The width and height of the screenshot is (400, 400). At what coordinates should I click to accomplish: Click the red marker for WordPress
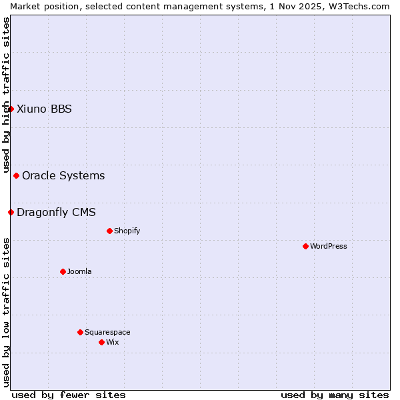(x=305, y=246)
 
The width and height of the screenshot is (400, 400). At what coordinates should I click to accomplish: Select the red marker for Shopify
(x=109, y=231)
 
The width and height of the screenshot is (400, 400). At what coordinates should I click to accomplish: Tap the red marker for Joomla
(x=63, y=271)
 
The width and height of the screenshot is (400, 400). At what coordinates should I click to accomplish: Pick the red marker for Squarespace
(x=80, y=332)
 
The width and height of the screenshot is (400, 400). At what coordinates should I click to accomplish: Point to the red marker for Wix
(x=101, y=342)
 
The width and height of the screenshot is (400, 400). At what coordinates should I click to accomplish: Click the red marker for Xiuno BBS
(x=11, y=109)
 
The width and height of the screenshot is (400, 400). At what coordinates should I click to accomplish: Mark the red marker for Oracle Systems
(x=16, y=175)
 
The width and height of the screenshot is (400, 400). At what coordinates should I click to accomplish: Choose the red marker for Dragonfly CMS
(x=11, y=212)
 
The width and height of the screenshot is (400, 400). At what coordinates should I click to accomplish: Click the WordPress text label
(x=329, y=246)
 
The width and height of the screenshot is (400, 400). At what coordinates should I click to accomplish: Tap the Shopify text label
(x=127, y=231)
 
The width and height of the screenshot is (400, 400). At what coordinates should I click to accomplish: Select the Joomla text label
(x=79, y=271)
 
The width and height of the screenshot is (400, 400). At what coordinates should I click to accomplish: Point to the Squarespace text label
(x=107, y=332)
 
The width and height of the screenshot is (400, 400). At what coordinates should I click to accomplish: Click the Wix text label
(x=112, y=342)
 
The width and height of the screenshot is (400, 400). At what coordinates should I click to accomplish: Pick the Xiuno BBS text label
(x=44, y=109)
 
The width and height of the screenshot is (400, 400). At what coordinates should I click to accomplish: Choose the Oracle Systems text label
(x=63, y=175)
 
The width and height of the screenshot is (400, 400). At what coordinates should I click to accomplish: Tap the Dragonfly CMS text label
(x=56, y=212)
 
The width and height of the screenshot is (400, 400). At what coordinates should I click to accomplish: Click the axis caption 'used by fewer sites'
(x=69, y=395)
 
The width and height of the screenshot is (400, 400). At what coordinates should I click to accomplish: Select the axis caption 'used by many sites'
(x=335, y=395)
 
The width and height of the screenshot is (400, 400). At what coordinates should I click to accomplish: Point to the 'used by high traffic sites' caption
(x=6, y=95)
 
